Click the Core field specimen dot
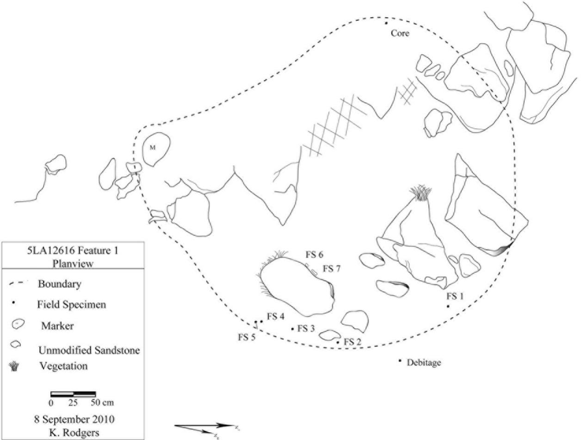click(x=386, y=23)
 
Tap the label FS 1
click(x=454, y=296)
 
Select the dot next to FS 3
click(x=292, y=329)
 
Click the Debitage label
click(x=423, y=363)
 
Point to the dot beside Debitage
click(x=400, y=360)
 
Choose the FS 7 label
click(x=331, y=268)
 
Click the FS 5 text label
click(x=247, y=337)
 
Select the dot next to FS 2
click(x=338, y=342)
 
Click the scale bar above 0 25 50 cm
click(x=73, y=394)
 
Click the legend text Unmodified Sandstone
click(x=89, y=351)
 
